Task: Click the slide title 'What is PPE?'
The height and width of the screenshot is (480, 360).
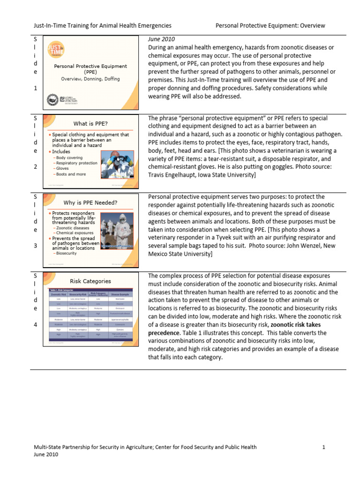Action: click(90, 124)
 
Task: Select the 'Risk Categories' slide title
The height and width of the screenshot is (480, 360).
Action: click(90, 281)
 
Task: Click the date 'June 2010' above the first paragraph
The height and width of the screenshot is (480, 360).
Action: click(162, 39)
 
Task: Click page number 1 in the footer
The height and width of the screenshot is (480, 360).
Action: click(323, 447)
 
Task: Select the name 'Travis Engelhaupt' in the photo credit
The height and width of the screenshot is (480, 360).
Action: click(175, 175)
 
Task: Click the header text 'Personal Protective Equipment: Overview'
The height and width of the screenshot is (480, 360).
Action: click(270, 26)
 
